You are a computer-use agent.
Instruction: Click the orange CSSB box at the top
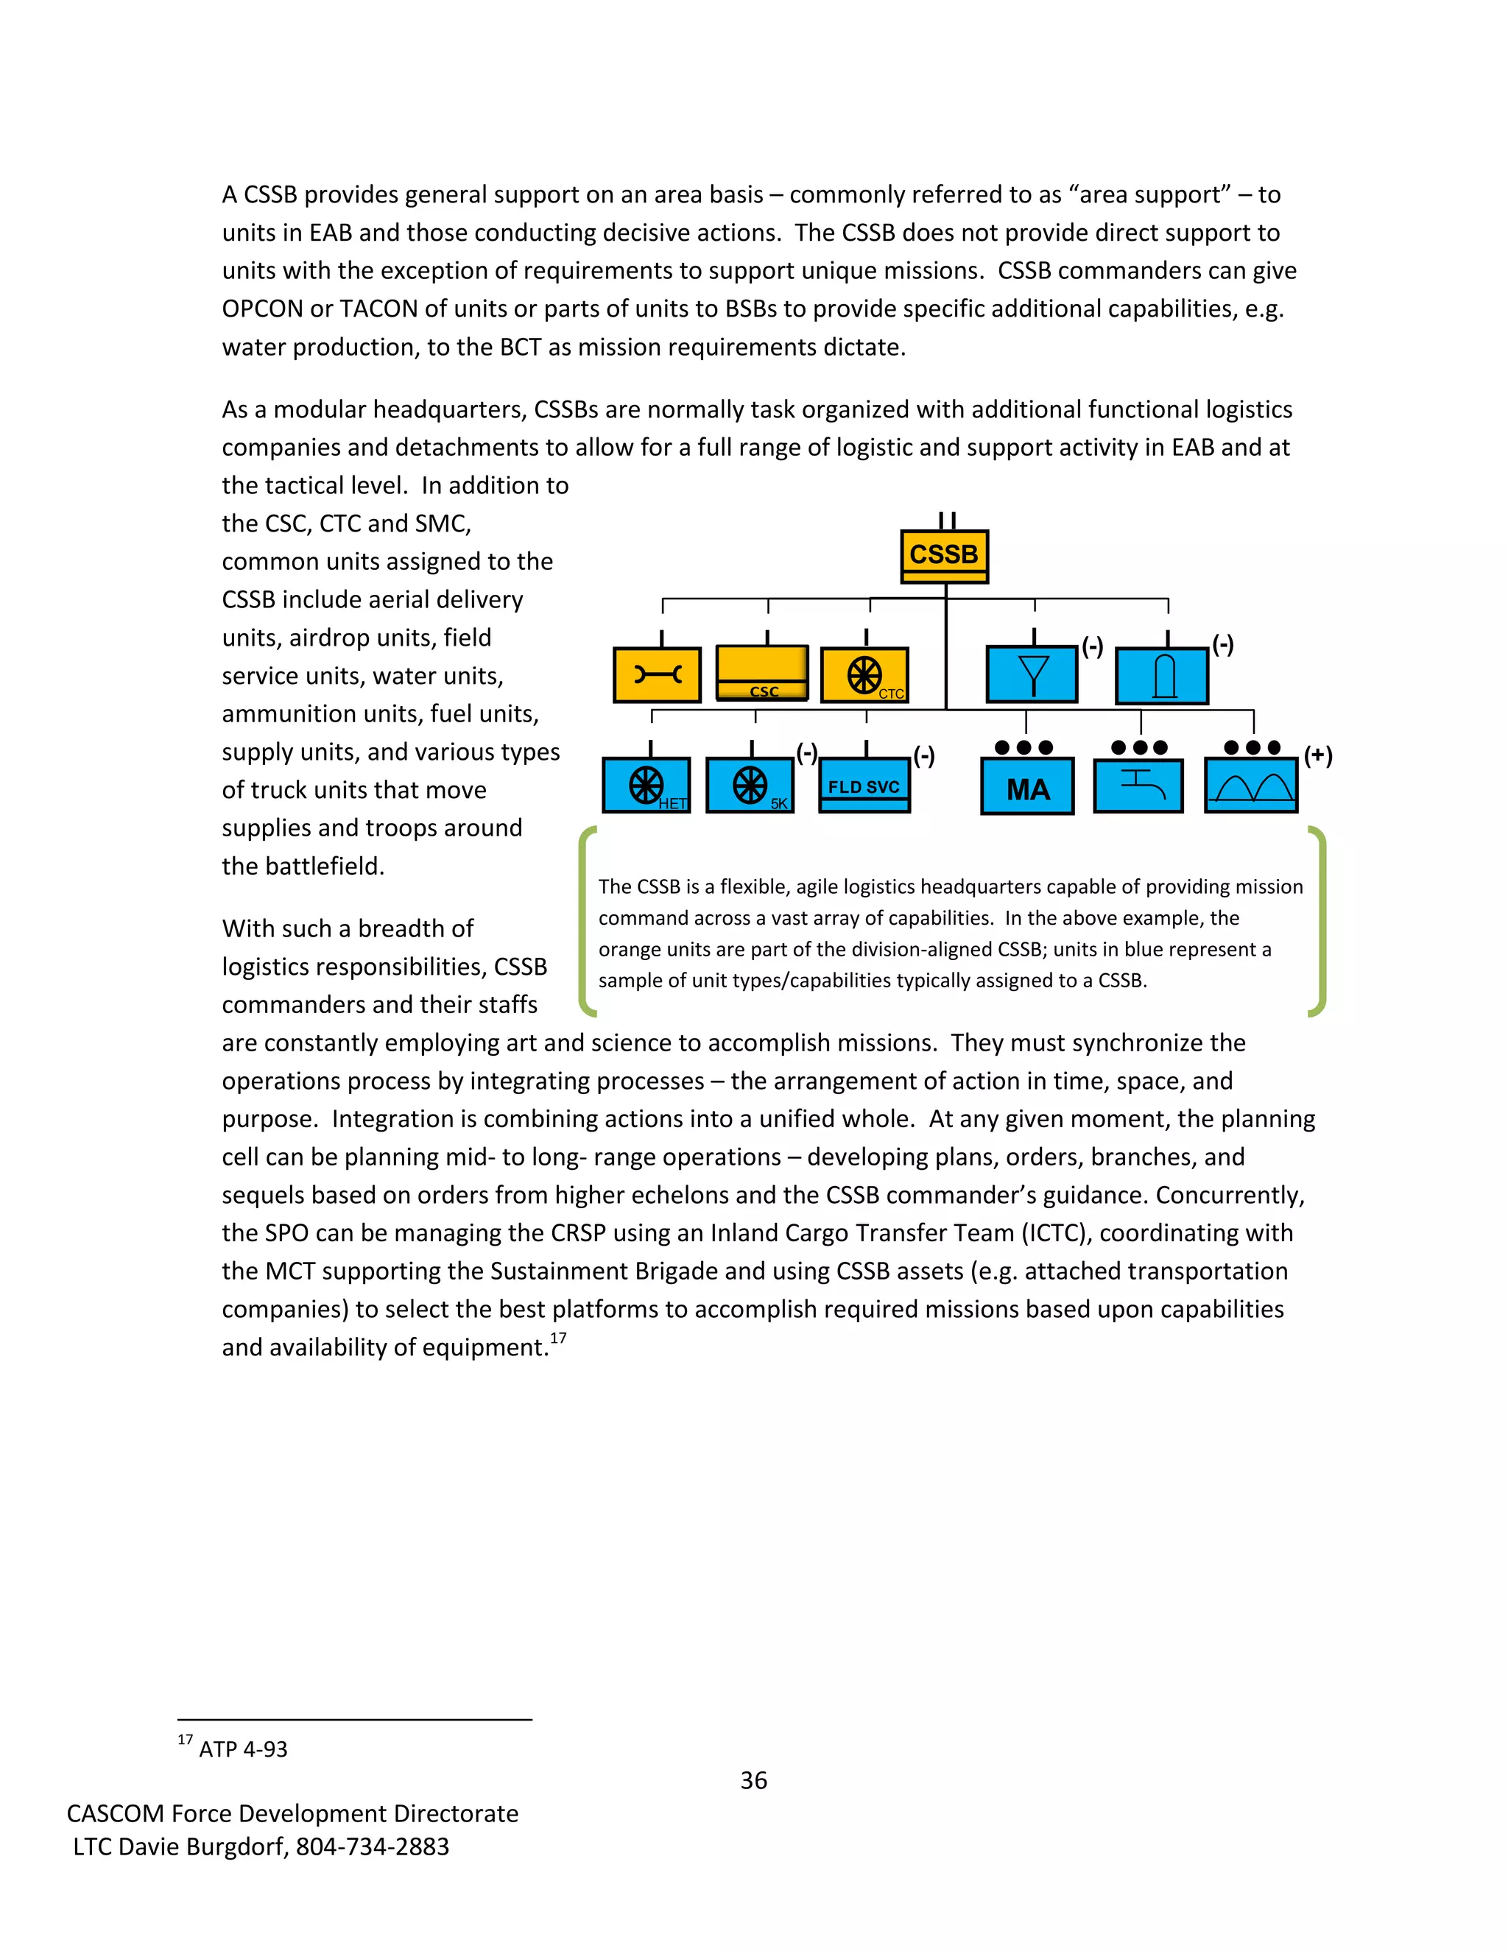click(943, 556)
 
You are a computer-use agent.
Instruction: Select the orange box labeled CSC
click(762, 674)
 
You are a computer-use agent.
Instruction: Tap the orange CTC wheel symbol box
click(864, 675)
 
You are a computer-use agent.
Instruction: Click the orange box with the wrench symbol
click(657, 674)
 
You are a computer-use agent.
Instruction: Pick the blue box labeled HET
click(646, 786)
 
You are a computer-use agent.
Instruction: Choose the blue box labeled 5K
click(750, 786)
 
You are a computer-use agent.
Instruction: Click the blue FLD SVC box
click(864, 786)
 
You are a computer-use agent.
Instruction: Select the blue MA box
click(1027, 787)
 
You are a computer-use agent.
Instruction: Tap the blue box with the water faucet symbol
click(1138, 786)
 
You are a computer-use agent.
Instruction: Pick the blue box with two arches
click(1251, 786)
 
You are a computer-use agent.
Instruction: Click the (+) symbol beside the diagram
click(1318, 756)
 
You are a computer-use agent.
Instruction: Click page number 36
click(753, 1780)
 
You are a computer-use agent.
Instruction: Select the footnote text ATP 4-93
click(243, 1749)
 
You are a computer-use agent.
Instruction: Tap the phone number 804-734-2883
click(373, 1846)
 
